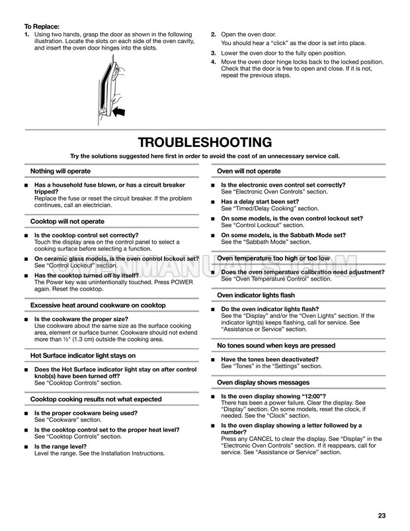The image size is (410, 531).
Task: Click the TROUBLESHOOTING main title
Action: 205,142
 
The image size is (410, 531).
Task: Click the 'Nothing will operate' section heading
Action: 61,171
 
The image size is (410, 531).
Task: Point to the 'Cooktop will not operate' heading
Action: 67,221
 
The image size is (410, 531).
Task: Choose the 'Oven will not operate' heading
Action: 249,171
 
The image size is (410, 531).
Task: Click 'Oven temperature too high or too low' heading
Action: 273,258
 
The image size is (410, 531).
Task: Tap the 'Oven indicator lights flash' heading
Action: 256,295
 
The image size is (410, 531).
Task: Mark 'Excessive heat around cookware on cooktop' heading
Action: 98,305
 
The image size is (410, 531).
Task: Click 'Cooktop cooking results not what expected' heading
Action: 96,399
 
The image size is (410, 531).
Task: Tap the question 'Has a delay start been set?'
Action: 260,201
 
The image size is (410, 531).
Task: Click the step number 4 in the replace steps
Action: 213,62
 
